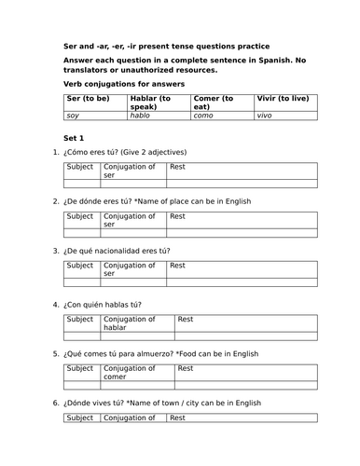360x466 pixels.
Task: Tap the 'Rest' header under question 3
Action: pos(177,266)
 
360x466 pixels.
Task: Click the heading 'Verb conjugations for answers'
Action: pos(123,84)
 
